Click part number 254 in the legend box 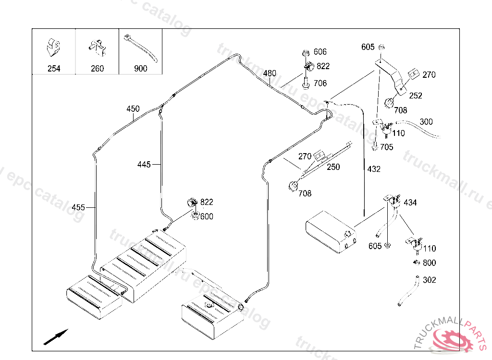point(54,69)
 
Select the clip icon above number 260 point(97,47)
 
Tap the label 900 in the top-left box point(140,69)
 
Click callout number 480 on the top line point(270,73)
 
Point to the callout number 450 point(133,109)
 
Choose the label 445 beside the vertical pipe point(144,165)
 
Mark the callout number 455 point(78,207)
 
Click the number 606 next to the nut point(320,52)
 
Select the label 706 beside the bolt point(320,84)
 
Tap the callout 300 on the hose point(426,122)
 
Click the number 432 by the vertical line point(374,169)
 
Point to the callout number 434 point(410,203)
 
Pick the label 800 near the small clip point(430,263)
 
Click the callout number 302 point(430,280)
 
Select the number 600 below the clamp point(207,216)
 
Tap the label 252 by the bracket point(416,96)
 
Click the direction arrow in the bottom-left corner point(56,336)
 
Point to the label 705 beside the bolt point(387,147)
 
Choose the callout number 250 point(333,168)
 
